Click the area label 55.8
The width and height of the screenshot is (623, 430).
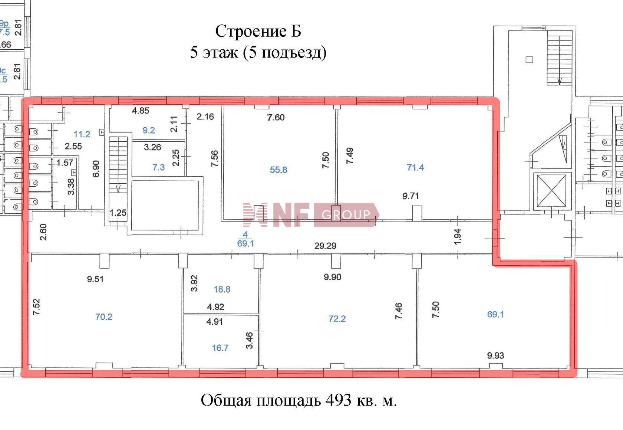point(278,170)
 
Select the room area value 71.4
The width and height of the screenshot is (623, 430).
point(415,167)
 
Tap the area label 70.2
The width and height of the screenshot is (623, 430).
point(104,317)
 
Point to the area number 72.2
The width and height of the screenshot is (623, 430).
point(337,318)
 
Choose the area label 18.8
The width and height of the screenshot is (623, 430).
point(222,289)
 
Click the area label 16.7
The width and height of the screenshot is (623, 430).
point(220,348)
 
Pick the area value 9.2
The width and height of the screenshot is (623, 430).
point(148,130)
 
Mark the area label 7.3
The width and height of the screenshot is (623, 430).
point(159,167)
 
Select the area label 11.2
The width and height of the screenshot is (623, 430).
point(82,134)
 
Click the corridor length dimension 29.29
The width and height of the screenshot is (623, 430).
point(325,246)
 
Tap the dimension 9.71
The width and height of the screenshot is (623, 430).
point(411,196)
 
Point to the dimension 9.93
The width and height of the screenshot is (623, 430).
point(495,355)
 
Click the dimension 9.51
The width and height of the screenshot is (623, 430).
point(95,279)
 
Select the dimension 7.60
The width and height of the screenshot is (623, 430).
point(276,118)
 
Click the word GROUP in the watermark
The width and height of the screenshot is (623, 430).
point(346,214)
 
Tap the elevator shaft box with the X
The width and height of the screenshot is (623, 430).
point(551,191)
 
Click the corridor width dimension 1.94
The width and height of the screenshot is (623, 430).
point(458,237)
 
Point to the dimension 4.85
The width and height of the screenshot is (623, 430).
point(141,111)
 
